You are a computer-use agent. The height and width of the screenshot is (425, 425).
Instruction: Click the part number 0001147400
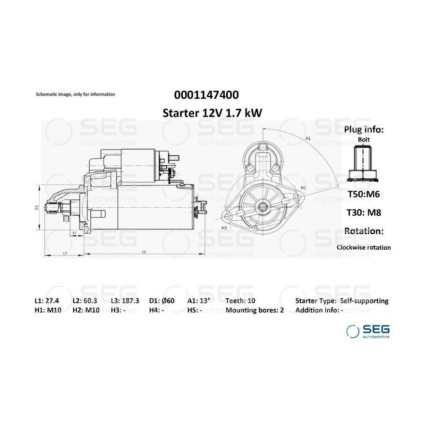(206, 95)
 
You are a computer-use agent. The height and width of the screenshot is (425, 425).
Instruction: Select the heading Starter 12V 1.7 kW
(212, 113)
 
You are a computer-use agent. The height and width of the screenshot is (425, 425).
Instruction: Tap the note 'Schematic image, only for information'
(76, 94)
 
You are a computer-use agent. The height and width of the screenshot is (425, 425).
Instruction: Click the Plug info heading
(364, 129)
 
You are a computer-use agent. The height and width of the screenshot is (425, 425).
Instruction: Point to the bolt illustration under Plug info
(363, 164)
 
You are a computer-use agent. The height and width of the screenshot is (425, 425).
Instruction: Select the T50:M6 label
(364, 194)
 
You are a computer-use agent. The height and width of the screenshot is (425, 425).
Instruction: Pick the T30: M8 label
(364, 212)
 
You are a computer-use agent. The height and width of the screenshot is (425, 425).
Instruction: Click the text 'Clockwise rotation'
(364, 247)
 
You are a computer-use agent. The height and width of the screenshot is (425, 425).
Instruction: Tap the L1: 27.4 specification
(47, 301)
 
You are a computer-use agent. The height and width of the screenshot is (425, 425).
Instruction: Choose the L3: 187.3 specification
(125, 301)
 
